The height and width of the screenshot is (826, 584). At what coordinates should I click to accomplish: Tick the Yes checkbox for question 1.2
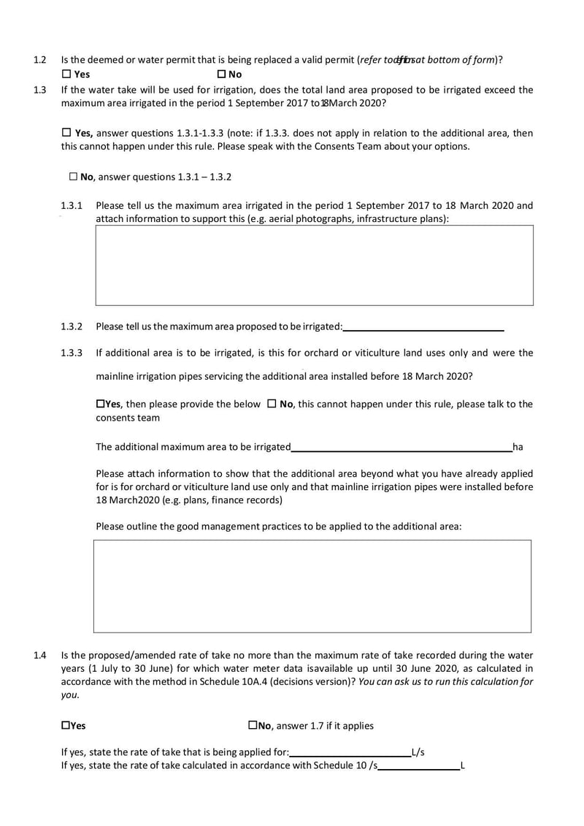point(66,74)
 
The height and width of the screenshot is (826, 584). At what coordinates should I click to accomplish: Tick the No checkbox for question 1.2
point(221,74)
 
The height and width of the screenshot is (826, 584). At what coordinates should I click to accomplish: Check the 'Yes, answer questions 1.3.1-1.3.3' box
point(66,133)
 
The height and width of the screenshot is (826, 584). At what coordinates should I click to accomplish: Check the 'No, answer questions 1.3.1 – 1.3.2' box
point(73,177)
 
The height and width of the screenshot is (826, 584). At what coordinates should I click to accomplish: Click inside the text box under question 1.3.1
point(314,264)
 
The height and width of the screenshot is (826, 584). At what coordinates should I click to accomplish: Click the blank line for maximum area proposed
point(423,326)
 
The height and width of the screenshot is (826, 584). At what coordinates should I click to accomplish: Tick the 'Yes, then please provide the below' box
point(101,403)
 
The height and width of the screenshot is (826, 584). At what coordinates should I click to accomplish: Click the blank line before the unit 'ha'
point(401,446)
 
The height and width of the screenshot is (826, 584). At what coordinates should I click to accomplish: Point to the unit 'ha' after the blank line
point(518,446)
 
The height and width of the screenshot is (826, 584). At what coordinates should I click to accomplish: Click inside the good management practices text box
point(312,586)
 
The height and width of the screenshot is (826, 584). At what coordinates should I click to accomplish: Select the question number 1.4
point(40,655)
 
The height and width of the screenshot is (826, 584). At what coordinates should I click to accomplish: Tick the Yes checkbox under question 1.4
point(66,725)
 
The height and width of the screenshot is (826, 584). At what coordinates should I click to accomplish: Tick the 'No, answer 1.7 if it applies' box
point(253,725)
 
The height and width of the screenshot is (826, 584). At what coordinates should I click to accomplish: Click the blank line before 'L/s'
point(350,752)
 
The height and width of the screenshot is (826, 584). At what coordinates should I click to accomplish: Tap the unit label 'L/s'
point(418,752)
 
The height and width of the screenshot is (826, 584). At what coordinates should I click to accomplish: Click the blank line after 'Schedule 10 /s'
point(418,765)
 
